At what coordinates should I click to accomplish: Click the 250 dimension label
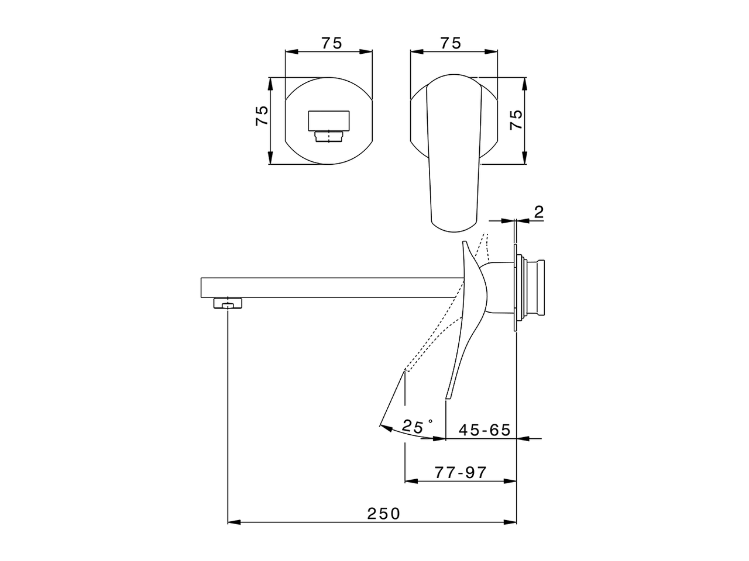click(x=384, y=514)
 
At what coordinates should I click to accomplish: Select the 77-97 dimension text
click(x=461, y=472)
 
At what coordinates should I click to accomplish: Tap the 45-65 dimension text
click(x=485, y=430)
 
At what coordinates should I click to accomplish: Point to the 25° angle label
click(x=417, y=427)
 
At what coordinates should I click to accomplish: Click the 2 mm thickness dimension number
click(x=539, y=212)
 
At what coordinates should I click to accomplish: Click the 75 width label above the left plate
click(x=331, y=43)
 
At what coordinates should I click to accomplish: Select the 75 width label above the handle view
click(x=451, y=43)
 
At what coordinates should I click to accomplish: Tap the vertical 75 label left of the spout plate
click(x=262, y=115)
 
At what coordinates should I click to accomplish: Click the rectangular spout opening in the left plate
click(x=329, y=120)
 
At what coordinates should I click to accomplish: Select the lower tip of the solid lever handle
click(x=448, y=397)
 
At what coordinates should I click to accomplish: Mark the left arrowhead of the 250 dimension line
click(x=232, y=522)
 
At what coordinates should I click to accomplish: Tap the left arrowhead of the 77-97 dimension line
click(x=410, y=481)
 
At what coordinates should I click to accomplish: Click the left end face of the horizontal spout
click(x=202, y=286)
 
